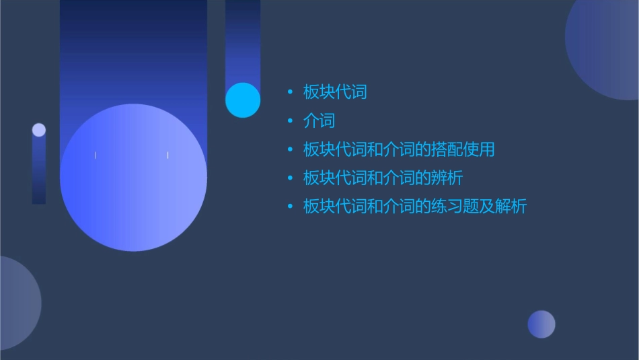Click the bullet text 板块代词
[335, 92]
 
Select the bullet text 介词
[319, 121]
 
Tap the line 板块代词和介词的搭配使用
[398, 149]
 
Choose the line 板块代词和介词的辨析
[383, 178]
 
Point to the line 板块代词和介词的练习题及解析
[414, 207]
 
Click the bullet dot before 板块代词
[290, 92]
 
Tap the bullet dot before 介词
[290, 121]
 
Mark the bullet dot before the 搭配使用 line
[290, 149]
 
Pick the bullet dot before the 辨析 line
[290, 178]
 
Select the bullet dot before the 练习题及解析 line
[290, 207]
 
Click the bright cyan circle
[243, 100]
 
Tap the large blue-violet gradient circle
[133, 178]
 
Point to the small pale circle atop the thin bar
[39, 130]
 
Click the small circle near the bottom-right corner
[541, 324]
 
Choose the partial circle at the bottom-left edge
[17, 303]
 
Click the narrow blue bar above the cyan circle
[243, 40]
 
